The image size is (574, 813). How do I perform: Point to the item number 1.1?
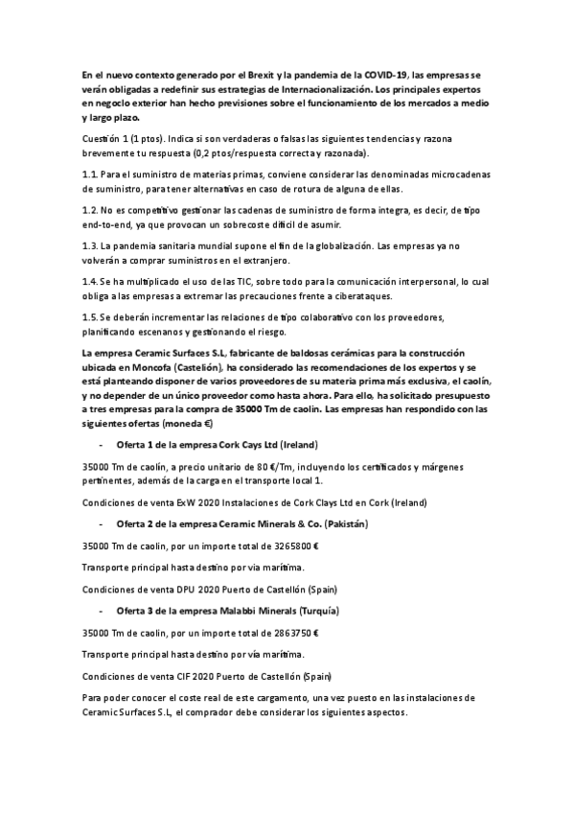pos(91,174)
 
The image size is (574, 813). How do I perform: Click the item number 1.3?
pos(91,246)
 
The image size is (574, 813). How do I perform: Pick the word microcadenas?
pos(453,174)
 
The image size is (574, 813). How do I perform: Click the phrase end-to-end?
pos(110,224)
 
